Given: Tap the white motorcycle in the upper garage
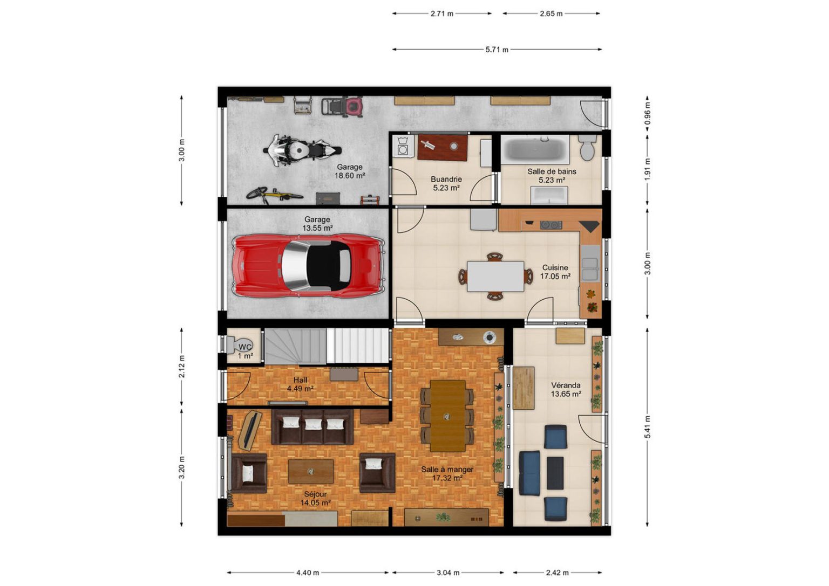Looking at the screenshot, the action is [302, 150].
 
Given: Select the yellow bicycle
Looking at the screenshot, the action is [275, 195].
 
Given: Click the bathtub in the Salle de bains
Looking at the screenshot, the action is [535, 149].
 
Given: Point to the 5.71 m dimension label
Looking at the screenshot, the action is [497, 50].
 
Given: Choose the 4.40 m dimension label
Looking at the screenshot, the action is [308, 573].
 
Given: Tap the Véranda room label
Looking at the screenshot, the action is [565, 385].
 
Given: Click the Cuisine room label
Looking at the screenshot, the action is [555, 267].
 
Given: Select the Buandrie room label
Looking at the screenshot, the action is [446, 180].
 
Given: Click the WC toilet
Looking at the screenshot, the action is [239, 344].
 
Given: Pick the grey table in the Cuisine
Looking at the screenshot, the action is [495, 277].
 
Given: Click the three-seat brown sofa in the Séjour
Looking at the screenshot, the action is [312, 426].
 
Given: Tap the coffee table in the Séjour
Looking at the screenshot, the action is [311, 471].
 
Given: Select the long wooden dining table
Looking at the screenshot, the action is [448, 416].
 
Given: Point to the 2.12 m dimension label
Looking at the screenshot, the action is [181, 367].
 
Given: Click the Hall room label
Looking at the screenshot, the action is [300, 380].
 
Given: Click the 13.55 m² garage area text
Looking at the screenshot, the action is [317, 228].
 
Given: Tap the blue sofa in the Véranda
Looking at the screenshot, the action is [529, 473].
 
